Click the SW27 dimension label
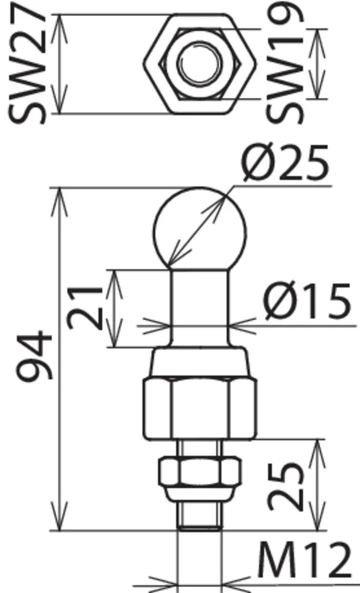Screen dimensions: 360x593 27,63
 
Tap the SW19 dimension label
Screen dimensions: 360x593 284,63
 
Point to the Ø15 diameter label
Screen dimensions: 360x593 307,301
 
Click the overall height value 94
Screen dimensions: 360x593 34,356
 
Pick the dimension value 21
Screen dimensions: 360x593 85,308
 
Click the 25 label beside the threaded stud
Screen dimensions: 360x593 285,486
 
